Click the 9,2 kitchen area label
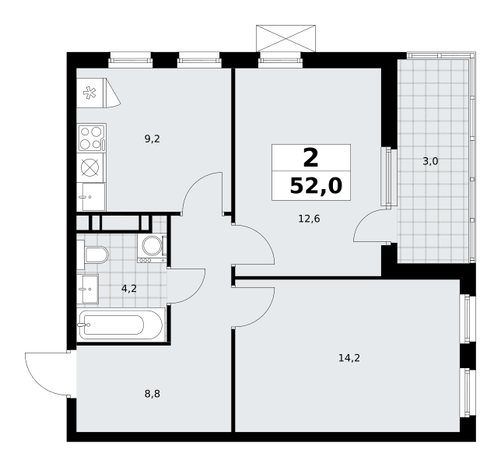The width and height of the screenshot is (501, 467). coord(152,139)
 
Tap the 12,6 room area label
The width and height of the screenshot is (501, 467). coord(309,219)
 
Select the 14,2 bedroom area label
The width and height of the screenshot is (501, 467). coord(349,358)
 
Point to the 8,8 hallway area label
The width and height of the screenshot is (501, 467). coord(152,394)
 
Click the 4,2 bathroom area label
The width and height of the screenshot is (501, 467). coord(129,289)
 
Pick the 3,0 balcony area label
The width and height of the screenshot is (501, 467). coord(430,161)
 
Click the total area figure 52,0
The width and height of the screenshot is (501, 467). coord(316,186)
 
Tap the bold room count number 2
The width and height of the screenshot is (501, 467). coord(310,158)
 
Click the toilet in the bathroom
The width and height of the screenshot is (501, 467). coord(93,255)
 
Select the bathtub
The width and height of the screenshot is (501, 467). coord(121,325)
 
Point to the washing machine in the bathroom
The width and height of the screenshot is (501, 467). coord(152,248)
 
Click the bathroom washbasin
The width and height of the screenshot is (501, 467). coord(88,289)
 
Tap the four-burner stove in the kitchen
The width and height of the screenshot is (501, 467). coord(92,138)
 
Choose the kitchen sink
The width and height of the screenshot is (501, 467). coord(91,197)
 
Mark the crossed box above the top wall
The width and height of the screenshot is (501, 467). coord(286,38)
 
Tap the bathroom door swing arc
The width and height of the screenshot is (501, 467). coord(195,292)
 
